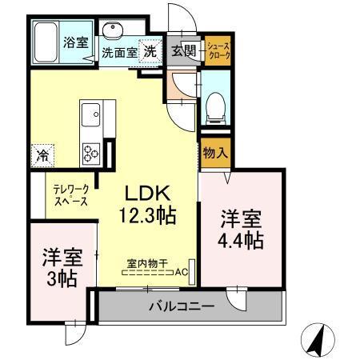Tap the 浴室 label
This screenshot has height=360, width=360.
(75, 42)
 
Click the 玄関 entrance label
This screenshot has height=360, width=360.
(183, 51)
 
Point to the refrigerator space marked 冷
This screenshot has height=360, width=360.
(42, 154)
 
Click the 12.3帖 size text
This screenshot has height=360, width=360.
(147, 214)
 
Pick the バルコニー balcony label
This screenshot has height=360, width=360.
(181, 306)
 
